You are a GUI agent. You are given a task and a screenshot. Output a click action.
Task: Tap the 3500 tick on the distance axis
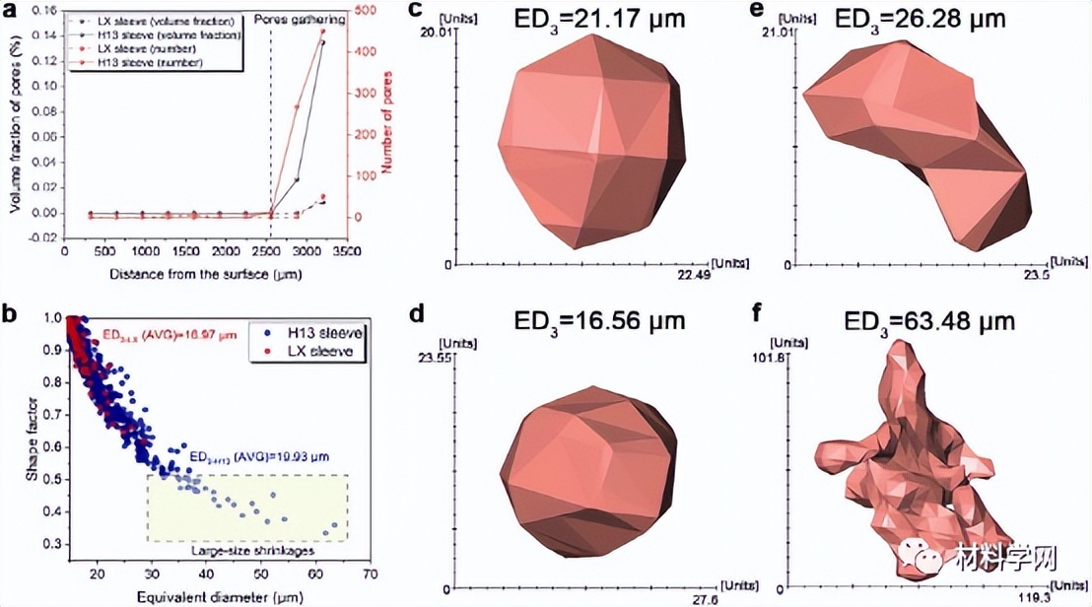344,251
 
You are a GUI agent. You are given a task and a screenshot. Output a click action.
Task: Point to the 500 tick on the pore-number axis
365,11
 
